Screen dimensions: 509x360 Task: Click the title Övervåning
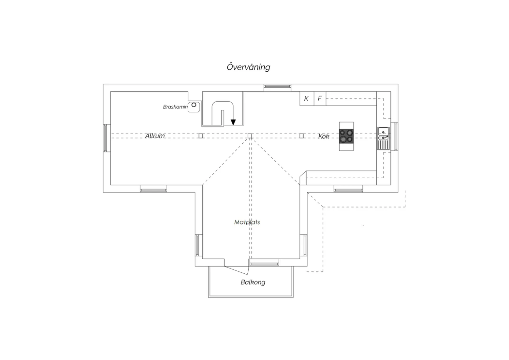[248, 67]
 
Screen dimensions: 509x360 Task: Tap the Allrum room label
[155, 136]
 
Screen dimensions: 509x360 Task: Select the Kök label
[324, 136]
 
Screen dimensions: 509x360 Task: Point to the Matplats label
[247, 222]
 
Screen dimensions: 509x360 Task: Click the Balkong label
[253, 282]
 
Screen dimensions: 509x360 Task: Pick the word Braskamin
[175, 107]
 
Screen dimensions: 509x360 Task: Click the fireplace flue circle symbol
[194, 105]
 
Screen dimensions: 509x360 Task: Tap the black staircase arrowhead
[233, 122]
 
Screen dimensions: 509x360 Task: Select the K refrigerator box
[307, 98]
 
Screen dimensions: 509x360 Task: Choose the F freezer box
[320, 98]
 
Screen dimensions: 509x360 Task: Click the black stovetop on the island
[346, 136]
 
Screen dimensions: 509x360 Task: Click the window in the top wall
[277, 86]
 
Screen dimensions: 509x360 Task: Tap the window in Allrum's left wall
[105, 138]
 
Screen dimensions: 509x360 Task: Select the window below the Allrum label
[153, 190]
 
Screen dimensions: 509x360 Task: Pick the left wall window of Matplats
[197, 246]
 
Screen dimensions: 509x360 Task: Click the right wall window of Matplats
[305, 246]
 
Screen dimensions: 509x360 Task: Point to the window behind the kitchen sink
[396, 137]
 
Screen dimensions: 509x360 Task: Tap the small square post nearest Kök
[302, 136]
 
